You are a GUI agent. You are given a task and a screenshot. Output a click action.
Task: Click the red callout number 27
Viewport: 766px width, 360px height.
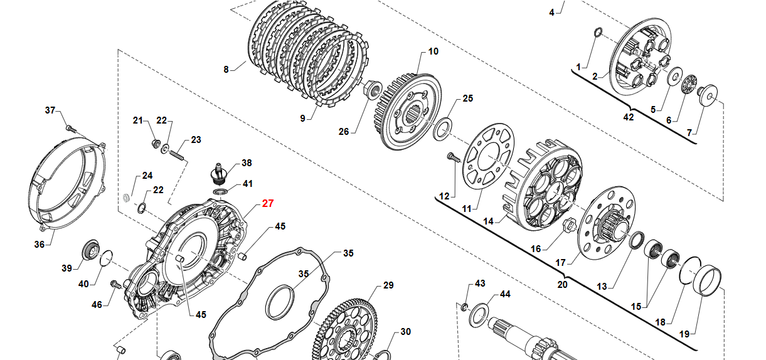268,203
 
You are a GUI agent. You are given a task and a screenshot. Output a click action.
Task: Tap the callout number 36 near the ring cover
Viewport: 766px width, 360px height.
40,244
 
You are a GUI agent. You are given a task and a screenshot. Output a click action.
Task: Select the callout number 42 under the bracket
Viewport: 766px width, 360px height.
628,117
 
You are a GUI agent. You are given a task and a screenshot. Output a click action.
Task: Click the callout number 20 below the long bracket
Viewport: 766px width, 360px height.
562,284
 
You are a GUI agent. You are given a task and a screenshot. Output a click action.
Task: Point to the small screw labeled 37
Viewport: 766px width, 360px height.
70,127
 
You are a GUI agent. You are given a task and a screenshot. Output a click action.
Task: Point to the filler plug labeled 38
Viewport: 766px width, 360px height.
217,171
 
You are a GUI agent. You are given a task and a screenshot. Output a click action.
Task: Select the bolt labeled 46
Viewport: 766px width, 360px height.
115,285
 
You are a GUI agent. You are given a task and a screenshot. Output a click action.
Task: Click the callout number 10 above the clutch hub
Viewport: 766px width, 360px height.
434,51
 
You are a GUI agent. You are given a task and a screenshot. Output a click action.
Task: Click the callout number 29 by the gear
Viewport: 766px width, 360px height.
388,285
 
